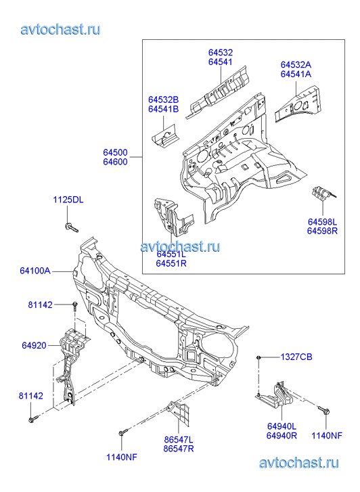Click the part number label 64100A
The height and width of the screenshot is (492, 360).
[x=35, y=271]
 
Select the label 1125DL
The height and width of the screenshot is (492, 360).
[x=68, y=200]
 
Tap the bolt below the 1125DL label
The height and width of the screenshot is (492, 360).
[x=72, y=227]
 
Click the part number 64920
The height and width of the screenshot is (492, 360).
[x=34, y=345]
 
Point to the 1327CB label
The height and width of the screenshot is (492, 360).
[x=296, y=357]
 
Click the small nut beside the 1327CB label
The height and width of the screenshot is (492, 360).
[x=258, y=357]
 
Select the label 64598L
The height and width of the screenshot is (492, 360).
[x=322, y=222]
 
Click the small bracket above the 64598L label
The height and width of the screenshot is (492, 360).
[x=323, y=194]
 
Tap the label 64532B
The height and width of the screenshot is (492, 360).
[x=164, y=99]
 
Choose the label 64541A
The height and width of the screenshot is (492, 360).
[x=296, y=74]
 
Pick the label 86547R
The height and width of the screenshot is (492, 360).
[x=179, y=449]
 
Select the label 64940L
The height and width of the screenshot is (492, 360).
[x=282, y=426]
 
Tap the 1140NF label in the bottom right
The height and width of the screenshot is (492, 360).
[x=327, y=436]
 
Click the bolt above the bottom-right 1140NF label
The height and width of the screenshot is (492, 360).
[x=323, y=410]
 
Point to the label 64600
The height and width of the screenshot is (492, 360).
[x=116, y=162]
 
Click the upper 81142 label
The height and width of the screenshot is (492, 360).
[x=40, y=305]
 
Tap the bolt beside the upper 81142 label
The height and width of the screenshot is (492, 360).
[x=74, y=307]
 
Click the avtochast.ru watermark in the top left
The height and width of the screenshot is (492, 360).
[x=60, y=30]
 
